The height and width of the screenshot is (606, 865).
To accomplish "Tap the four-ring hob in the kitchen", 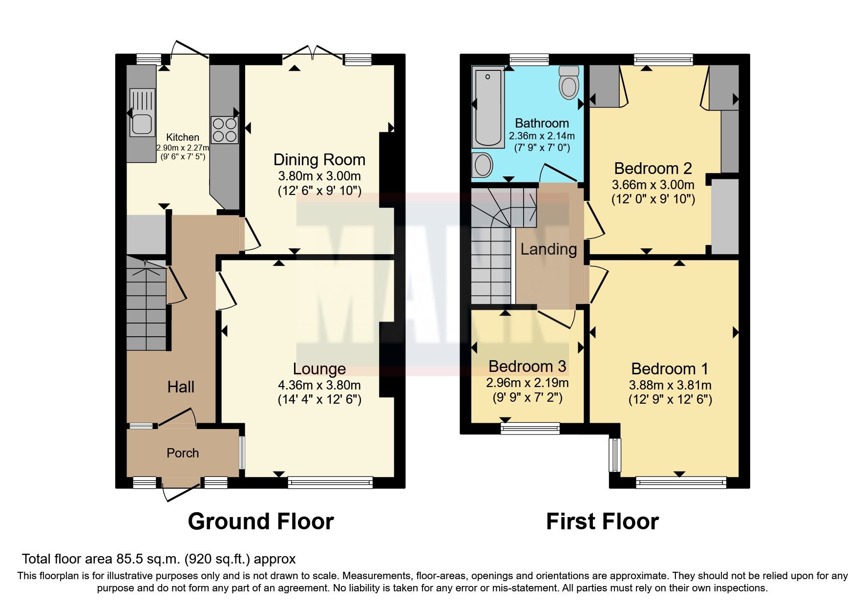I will [224, 130].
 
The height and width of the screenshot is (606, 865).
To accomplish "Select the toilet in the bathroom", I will [569, 83].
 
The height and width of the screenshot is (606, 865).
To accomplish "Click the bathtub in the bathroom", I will [488, 108].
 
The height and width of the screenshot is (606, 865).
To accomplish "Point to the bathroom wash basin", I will [483, 165].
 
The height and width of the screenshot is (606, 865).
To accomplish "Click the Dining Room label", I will [319, 160].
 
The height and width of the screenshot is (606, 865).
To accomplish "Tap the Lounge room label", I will [319, 369].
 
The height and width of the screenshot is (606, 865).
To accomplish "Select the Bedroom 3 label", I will [527, 366].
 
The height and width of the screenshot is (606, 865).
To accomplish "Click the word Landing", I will [549, 249].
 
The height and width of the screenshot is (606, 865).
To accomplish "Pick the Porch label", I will [183, 453].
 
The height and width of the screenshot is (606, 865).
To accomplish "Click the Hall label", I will [181, 387].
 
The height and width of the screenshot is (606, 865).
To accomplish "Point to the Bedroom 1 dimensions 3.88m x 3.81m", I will [670, 385].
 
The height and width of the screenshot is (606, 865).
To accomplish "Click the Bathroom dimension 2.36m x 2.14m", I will [542, 136].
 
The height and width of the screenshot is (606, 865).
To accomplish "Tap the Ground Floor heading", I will [261, 521].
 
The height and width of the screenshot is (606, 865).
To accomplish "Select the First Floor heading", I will [602, 521].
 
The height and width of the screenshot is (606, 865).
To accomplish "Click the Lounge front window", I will [330, 483].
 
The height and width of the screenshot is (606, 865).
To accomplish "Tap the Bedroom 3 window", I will [530, 429].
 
